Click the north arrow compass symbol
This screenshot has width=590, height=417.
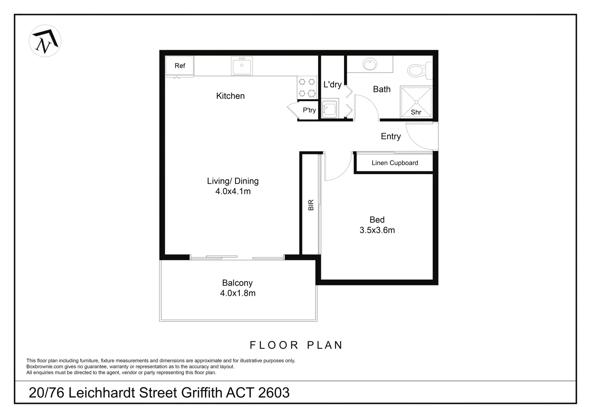[45, 41]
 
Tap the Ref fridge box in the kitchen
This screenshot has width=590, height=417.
[180, 66]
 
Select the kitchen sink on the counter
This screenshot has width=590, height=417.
[242, 66]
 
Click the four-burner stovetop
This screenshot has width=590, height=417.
[307, 87]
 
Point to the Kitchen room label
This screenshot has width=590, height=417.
[230, 96]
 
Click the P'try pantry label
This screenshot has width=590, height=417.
[309, 110]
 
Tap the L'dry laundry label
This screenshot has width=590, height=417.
[332, 85]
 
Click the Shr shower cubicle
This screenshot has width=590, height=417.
[416, 102]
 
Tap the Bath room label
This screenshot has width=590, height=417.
[381, 89]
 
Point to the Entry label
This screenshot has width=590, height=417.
[390, 136]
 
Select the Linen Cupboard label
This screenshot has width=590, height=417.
[395, 163]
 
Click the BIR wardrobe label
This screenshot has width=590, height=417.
[311, 205]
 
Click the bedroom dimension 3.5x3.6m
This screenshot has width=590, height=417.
[377, 231]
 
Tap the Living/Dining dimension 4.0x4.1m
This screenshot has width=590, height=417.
[233, 192]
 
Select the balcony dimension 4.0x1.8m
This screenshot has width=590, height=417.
[237, 293]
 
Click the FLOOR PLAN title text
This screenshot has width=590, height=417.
[296, 345]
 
